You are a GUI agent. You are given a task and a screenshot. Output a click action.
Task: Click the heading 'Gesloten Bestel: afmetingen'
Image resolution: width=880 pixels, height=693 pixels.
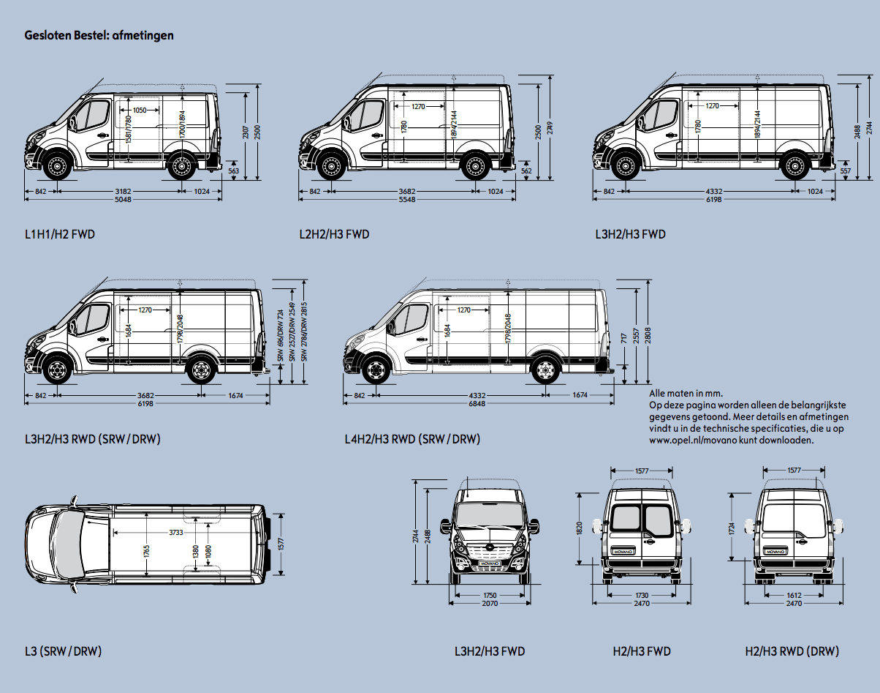coord(99,35)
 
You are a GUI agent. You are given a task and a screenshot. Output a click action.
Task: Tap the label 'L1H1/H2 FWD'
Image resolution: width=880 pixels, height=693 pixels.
coord(60,235)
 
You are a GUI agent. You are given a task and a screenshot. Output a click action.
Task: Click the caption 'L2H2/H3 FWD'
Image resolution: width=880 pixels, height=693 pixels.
coord(334,235)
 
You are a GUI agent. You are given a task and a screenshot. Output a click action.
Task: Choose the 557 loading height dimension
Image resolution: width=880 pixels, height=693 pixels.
coord(846,171)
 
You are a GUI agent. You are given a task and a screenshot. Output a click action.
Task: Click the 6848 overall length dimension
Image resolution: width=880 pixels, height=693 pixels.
coord(477,404)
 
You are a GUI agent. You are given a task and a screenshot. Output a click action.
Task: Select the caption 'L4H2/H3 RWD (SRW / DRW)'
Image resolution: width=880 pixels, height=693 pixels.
coord(412,440)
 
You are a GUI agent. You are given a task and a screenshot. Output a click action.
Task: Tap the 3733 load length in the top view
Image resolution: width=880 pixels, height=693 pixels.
coord(176,532)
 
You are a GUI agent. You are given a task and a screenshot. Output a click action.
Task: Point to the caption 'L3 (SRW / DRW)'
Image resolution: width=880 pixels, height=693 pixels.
coord(63,651)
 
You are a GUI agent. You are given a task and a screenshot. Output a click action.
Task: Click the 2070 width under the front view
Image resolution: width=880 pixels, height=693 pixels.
coord(490,604)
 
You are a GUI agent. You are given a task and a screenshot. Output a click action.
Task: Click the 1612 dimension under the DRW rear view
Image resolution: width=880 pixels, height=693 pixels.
coord(793,596)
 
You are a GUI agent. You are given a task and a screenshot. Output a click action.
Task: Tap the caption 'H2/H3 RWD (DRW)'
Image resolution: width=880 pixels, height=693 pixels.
coord(792,651)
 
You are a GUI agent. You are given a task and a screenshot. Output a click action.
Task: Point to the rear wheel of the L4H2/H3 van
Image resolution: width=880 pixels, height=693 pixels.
coord(543,371)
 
